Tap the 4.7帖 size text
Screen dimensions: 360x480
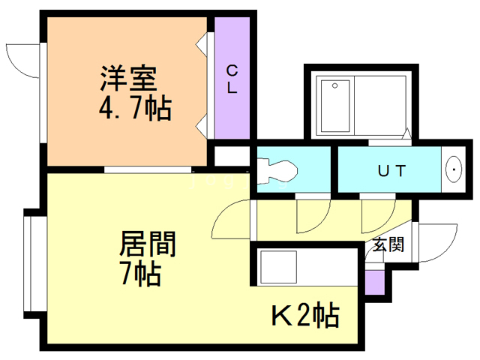pyautogui.click(x=135, y=109)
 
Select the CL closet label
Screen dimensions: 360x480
pyautogui.click(x=232, y=79)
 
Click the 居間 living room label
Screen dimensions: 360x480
pyautogui.click(x=148, y=244)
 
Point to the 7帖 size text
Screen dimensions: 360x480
pyautogui.click(x=139, y=274)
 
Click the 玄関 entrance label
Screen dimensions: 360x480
pyautogui.click(x=389, y=244)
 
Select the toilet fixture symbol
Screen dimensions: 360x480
pyautogui.click(x=277, y=171)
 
